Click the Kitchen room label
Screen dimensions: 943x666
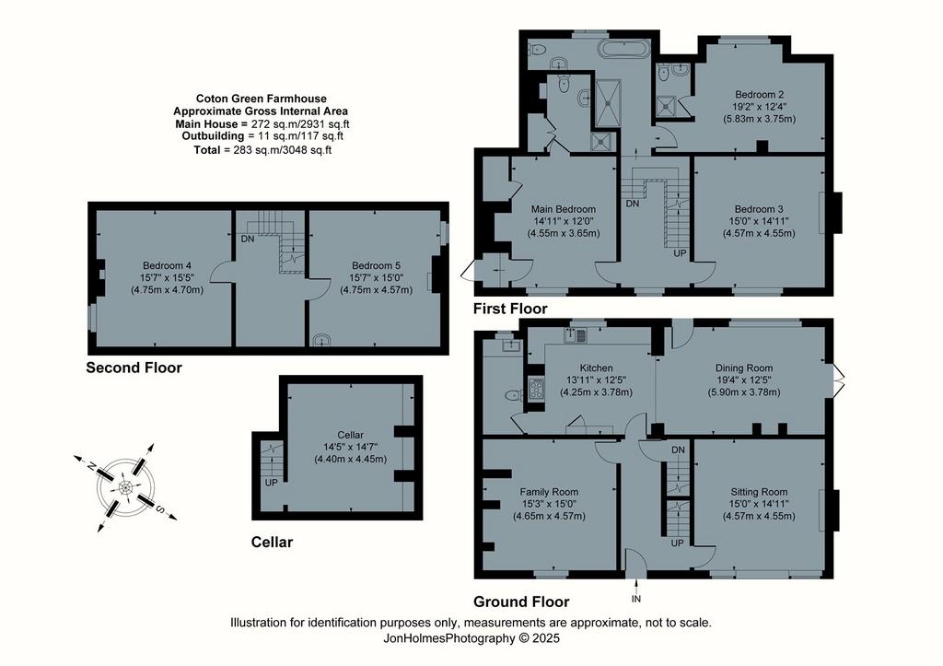coord(596,368)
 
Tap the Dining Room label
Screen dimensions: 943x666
coord(744,368)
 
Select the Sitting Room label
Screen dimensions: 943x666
coord(759,492)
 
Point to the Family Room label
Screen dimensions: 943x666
coord(549,492)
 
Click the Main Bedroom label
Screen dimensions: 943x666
coord(564,209)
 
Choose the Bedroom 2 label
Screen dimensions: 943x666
coord(759,95)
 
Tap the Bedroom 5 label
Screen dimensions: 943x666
coord(377,265)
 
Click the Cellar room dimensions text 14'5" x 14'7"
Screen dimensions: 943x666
coord(351,447)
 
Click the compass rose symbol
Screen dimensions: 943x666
coord(125,486)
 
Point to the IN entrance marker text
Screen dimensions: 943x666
coord(636,599)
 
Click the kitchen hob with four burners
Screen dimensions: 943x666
coord(535,390)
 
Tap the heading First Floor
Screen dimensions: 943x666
coord(510,309)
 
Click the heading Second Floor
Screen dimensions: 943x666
coord(134,368)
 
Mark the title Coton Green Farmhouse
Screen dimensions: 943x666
coord(262,99)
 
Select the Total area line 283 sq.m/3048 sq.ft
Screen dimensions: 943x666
coord(262,150)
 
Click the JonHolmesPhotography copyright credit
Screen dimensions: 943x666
coord(471,638)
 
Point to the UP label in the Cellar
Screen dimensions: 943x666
coord(272,483)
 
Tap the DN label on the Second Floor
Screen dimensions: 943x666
coord(247,239)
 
